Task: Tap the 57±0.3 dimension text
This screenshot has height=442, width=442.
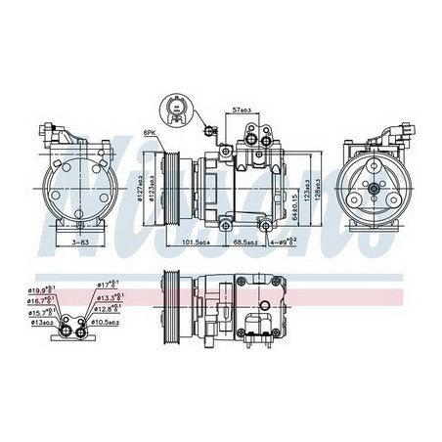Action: (x=242, y=111)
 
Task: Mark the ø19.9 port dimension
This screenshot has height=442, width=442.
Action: (x=43, y=290)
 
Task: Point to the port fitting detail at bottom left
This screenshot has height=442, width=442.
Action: (x=69, y=318)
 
